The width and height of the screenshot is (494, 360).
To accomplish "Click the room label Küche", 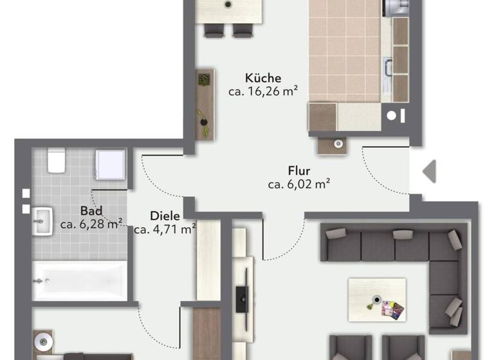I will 262,78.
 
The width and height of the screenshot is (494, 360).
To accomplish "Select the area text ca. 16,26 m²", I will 262,92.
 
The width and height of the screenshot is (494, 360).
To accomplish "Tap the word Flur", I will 299,172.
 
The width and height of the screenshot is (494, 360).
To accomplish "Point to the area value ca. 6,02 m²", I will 299,185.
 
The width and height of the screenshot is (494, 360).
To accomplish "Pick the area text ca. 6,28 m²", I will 91,224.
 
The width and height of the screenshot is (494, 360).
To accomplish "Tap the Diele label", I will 165,215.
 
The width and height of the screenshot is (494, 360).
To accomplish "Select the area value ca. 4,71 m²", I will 165,228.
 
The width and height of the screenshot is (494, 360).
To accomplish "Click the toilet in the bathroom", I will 55,161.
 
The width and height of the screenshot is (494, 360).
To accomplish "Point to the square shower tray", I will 111,165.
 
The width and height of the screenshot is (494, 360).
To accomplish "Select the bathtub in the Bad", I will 79,281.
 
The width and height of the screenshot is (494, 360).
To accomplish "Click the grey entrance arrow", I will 429,171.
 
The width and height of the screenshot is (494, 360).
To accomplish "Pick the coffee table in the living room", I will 377,300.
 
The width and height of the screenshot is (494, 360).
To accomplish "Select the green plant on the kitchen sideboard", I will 204,80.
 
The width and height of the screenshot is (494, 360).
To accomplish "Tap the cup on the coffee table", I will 376,300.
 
